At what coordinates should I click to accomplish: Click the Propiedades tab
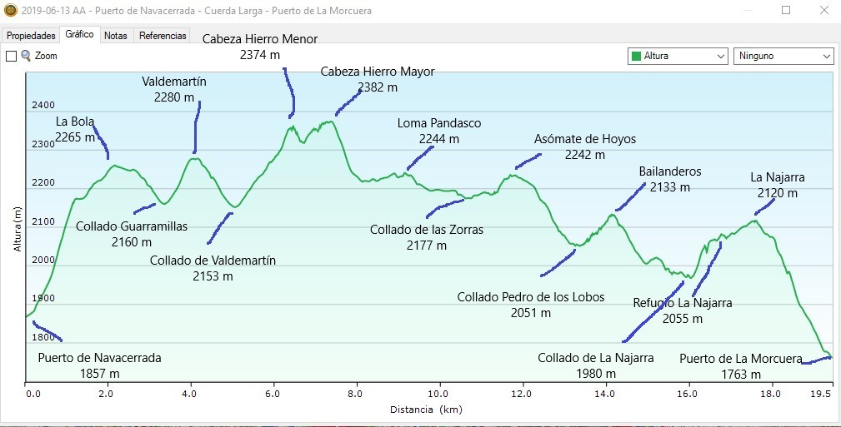pos(31,36)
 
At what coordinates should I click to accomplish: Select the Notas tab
pos(116,36)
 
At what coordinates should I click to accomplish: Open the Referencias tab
pos(163,36)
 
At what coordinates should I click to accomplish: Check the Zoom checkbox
pos(12,56)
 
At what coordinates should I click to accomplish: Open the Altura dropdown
pos(678,56)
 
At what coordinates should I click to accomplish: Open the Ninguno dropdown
pos(783,56)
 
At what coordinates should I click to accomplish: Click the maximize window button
pos(786,11)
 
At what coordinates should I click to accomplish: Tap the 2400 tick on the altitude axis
pos(43,106)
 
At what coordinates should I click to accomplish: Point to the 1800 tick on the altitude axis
pos(43,338)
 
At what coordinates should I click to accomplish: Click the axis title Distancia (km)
pos(425,410)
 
